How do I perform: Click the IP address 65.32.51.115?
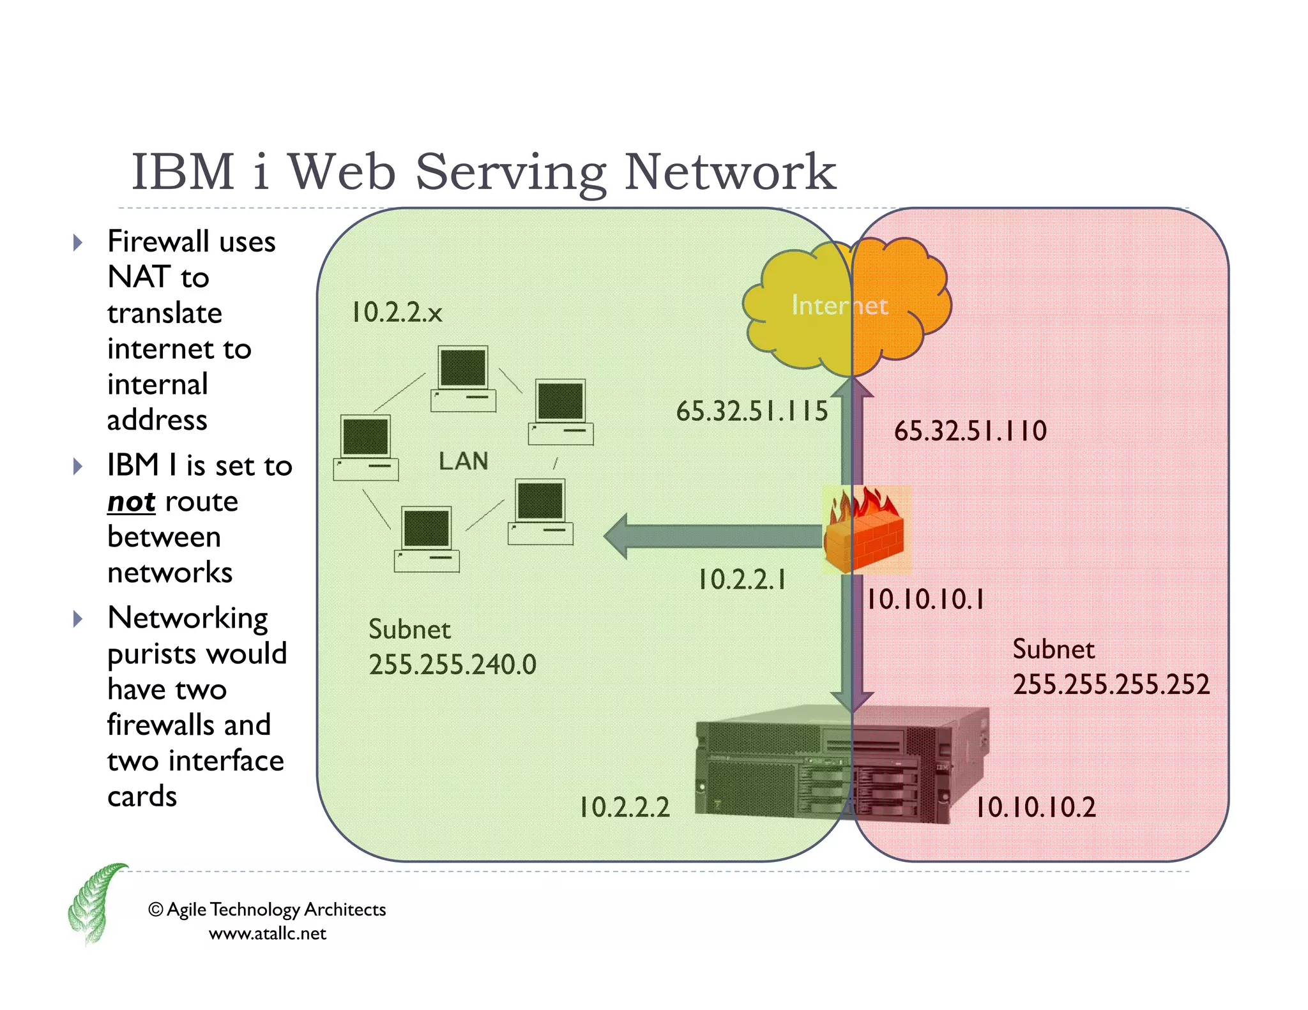point(752,411)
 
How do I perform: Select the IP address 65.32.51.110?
point(970,431)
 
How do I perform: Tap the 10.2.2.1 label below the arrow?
point(742,580)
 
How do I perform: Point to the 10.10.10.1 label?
point(925,599)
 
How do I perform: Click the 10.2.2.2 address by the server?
point(624,808)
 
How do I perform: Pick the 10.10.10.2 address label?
point(1035,808)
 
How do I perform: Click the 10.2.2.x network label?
point(397,312)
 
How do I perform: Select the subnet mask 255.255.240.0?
point(452,665)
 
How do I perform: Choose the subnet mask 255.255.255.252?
point(1111,684)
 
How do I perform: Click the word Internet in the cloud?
point(839,305)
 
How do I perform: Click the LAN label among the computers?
point(463,461)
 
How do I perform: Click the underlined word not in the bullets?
point(131,502)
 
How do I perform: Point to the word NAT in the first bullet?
point(137,277)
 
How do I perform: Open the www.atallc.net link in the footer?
point(267,933)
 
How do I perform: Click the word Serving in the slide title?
point(510,172)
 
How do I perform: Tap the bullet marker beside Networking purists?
point(78,619)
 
